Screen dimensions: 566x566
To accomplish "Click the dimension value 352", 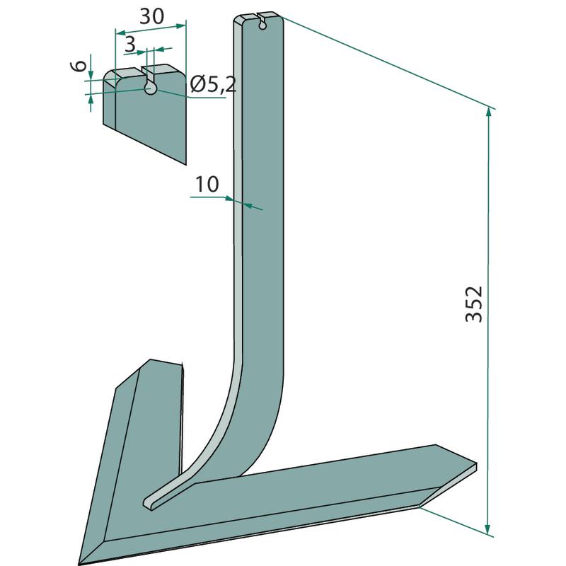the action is pyautogui.click(x=473, y=304).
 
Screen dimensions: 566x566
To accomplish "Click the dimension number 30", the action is pyautogui.click(x=151, y=16).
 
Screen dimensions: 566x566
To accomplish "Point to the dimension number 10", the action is pyautogui.click(x=207, y=184).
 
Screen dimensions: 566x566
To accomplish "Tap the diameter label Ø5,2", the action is pyautogui.click(x=213, y=85).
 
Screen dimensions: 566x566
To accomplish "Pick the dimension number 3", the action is pyautogui.click(x=129, y=44).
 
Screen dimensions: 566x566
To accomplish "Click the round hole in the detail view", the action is pyautogui.click(x=151, y=88).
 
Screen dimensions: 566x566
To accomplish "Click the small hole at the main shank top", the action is pyautogui.click(x=262, y=25).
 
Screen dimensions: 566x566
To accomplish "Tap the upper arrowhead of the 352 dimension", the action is pyautogui.click(x=489, y=112).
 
